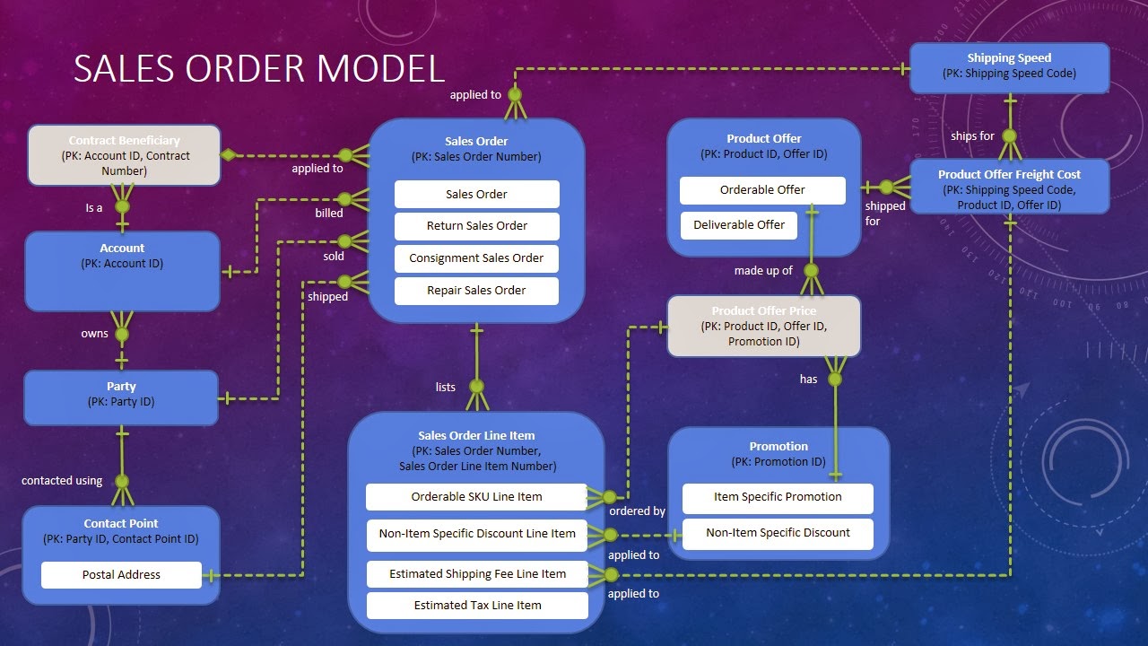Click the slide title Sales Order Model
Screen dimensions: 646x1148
pos(258,69)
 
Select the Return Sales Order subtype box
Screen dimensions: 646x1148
pos(476,226)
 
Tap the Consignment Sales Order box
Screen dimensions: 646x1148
pos(476,258)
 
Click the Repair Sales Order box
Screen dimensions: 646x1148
pos(476,291)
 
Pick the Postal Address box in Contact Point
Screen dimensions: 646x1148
pos(121,575)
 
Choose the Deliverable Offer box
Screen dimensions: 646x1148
pos(738,225)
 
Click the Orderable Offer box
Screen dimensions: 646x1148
pos(762,190)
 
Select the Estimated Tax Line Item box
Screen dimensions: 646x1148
pos(477,606)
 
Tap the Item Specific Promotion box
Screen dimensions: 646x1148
pos(778,497)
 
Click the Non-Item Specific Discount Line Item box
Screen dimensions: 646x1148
pos(477,534)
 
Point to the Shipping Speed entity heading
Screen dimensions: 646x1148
pos(1009,58)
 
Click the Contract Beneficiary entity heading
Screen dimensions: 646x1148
pos(124,141)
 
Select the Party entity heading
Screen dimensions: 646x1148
pos(121,387)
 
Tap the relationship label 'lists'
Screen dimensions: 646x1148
pos(446,388)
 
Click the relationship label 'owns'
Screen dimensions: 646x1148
pos(94,334)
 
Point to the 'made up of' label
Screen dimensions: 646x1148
pos(763,271)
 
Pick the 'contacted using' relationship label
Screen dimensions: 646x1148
pos(62,481)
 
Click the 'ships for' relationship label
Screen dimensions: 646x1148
pos(972,136)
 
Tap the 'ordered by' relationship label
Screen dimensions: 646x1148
pos(637,511)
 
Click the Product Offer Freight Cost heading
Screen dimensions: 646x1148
pos(1009,175)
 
